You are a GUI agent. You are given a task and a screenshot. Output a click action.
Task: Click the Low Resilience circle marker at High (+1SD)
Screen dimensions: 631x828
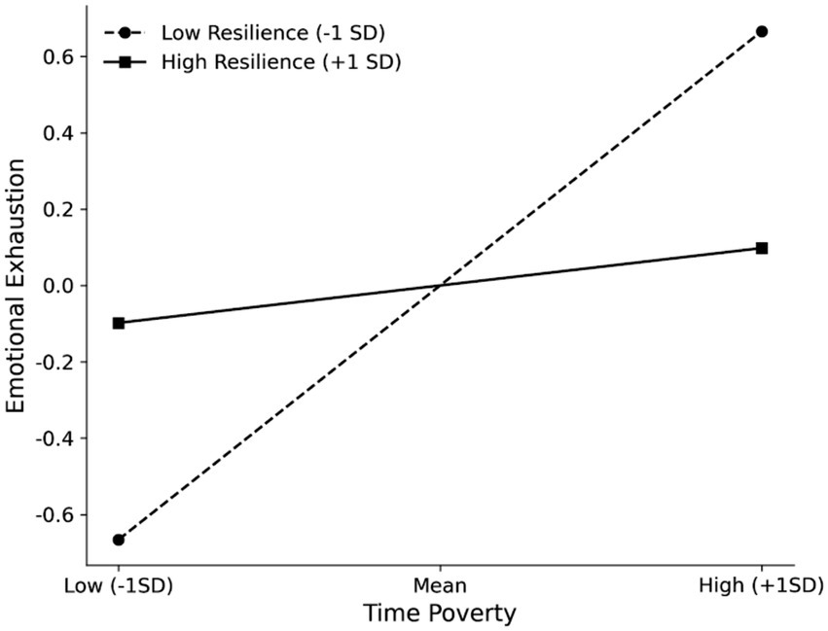pos(762,31)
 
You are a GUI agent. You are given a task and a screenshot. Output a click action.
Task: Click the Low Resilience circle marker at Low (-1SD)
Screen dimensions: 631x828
pos(119,540)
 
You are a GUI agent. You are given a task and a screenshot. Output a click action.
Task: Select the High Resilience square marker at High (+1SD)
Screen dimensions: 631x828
pos(762,248)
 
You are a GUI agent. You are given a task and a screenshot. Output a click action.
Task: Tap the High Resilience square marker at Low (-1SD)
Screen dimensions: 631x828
pos(119,323)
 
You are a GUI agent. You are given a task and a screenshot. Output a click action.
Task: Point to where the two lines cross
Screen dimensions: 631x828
pos(441,285)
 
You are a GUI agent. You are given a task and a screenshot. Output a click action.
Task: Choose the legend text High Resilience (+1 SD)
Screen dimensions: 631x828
pos(282,61)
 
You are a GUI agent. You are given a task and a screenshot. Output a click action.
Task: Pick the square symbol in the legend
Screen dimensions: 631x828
pos(124,61)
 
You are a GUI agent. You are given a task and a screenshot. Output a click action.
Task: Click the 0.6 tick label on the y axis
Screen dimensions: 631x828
pos(58,56)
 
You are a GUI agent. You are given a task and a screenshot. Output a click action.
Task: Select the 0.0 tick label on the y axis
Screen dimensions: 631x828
pos(58,286)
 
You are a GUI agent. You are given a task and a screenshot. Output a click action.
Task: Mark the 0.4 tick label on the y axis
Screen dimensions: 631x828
pos(58,133)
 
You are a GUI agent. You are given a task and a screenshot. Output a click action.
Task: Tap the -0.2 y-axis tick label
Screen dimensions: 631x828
pos(54,362)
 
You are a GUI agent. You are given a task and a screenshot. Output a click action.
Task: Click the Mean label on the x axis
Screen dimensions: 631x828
pos(441,586)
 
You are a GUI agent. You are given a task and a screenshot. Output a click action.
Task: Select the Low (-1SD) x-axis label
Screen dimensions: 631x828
pos(119,586)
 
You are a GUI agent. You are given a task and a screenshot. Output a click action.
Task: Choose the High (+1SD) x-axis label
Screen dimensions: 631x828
pos(762,586)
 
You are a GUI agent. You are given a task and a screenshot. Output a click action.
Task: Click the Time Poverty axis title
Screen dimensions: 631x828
pos(440,614)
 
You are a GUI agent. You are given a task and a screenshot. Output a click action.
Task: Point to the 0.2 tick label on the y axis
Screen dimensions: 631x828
pos(58,209)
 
